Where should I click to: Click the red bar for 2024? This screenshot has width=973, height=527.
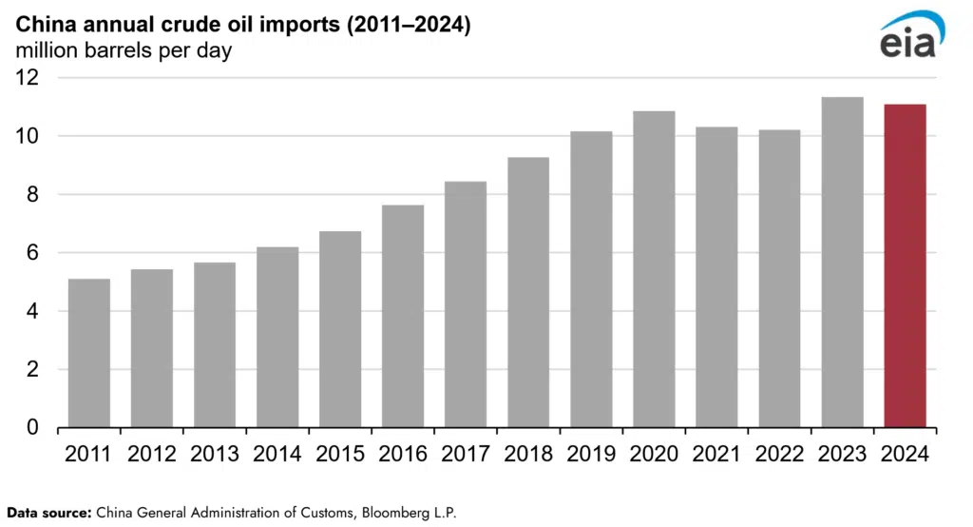pos(905,265)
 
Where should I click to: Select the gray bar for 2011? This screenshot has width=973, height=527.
pos(89,353)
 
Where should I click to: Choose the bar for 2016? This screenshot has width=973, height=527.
pos(403,316)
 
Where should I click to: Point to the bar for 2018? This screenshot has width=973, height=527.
pos(528,292)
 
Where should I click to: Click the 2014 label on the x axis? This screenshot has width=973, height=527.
pos(277,455)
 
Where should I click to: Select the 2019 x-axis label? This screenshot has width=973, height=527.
pos(591,455)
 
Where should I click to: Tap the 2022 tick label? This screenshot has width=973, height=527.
pos(779,455)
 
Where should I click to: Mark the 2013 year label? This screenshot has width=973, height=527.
pos(215,455)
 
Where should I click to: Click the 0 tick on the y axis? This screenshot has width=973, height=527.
pos(34,428)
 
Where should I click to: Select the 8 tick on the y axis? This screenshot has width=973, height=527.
pos(34,195)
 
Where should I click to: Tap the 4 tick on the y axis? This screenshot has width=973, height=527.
pos(34,311)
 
